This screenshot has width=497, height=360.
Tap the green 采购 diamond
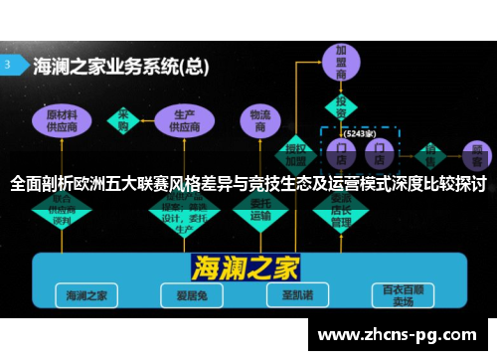point(124,119)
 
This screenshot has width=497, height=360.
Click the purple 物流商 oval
point(260,119)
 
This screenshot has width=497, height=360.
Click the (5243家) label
point(357,132)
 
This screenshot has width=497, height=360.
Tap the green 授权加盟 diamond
point(296,148)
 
